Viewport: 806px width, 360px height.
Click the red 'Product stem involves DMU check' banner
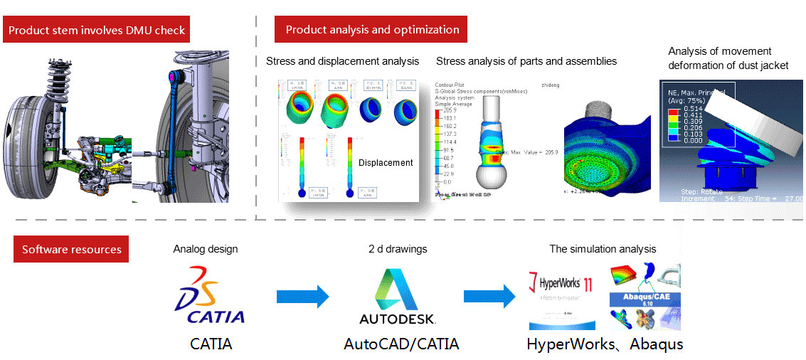point(96,31)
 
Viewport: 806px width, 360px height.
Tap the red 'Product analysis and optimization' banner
point(371,30)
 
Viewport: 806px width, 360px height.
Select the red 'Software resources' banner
point(71,250)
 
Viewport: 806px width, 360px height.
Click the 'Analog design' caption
point(206,250)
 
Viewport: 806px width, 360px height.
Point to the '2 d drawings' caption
point(398,250)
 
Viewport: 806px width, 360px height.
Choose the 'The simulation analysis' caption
point(603,250)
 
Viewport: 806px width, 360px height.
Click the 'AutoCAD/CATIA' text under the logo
point(401,344)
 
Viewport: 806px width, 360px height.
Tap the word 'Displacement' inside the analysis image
point(386,163)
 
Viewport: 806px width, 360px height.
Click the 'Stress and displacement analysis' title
point(342,61)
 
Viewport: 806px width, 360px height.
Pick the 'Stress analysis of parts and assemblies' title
point(526,61)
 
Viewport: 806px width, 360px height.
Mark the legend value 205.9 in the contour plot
point(450,110)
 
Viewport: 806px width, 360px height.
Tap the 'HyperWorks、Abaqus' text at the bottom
point(605,344)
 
